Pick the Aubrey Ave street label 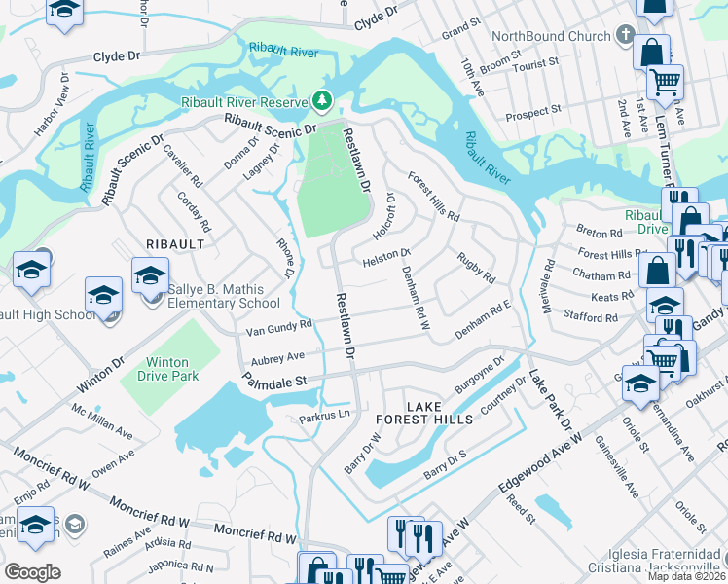pos(276,357)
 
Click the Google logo pos(32,571)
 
